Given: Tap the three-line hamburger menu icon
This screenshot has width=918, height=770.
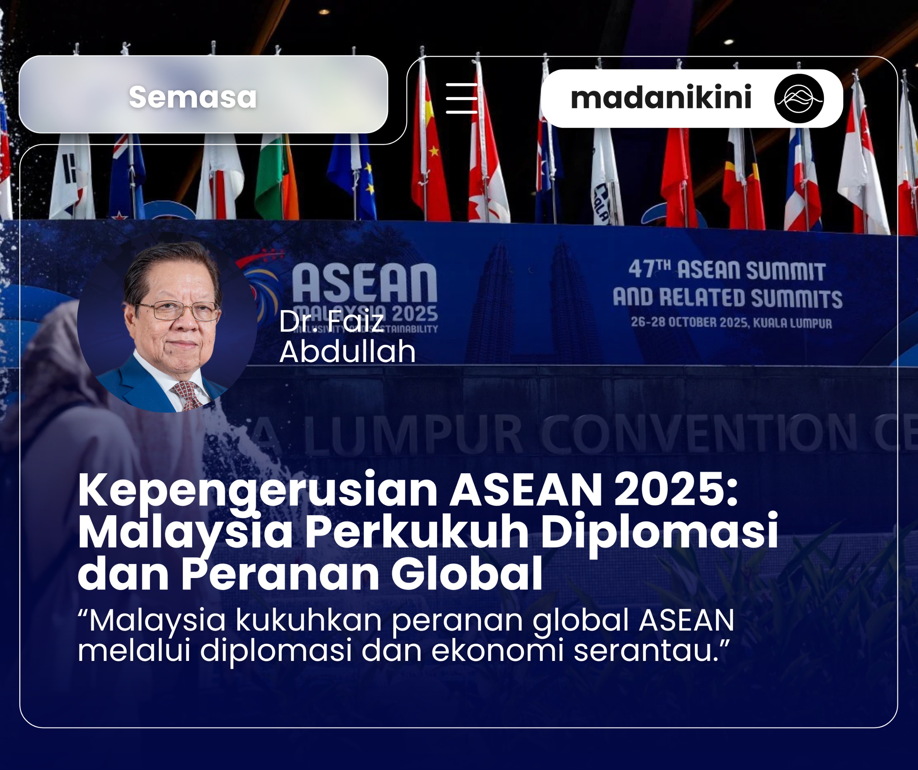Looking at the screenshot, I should click(x=461, y=98).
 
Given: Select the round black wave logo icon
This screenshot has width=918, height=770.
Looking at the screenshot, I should click(x=799, y=98).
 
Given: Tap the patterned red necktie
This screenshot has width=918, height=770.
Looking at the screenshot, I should click(x=187, y=394).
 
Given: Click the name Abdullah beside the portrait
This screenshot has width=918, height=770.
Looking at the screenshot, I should click(x=347, y=351).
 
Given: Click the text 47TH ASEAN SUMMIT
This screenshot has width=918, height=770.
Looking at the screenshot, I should click(x=727, y=270).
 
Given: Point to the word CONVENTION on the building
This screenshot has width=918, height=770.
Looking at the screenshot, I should click(x=699, y=433).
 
